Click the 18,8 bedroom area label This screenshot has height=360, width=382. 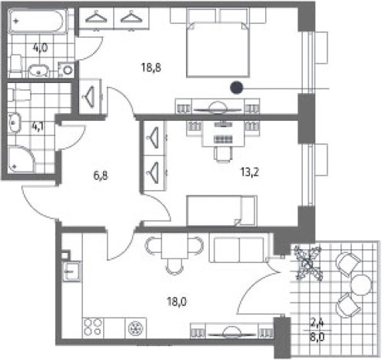[x=151, y=68]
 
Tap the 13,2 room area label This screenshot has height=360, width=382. [x=250, y=172]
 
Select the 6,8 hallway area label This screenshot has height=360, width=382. [x=101, y=175]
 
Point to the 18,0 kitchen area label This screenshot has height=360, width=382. [x=177, y=302]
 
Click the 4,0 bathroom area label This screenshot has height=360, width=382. [x=40, y=48]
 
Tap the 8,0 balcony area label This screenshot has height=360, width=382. [x=317, y=337]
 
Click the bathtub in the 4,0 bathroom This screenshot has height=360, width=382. [x=38, y=21]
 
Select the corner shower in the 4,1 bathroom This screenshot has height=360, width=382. [x=22, y=159]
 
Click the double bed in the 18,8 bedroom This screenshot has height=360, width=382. [x=218, y=48]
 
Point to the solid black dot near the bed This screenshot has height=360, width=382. [x=236, y=88]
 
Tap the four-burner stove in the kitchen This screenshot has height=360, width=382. [x=93, y=328]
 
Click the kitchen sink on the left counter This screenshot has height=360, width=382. [x=72, y=272]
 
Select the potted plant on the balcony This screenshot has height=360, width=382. [x=308, y=262]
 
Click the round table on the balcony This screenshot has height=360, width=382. [x=361, y=285]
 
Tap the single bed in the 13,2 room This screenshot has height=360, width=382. [x=222, y=211]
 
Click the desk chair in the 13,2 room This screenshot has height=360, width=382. [x=224, y=154]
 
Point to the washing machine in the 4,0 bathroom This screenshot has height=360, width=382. [x=66, y=70]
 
